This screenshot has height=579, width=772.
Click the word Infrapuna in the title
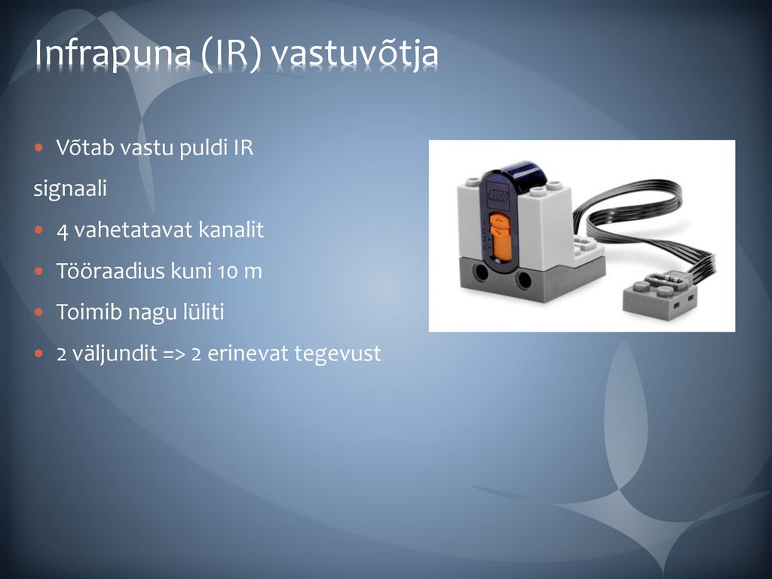[x=113, y=54]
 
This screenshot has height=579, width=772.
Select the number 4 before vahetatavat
[x=62, y=231]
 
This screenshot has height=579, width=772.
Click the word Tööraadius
[x=110, y=271]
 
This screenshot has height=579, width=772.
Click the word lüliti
[x=204, y=312]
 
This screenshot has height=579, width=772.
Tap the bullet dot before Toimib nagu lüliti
[x=39, y=312]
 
